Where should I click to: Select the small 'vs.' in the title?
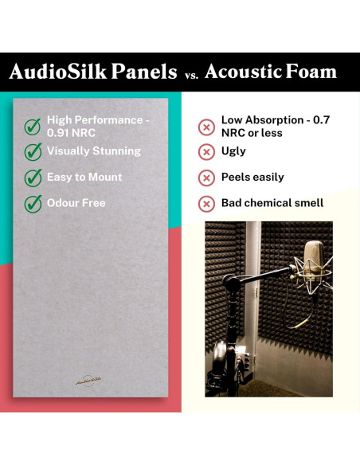pyautogui.click(x=190, y=74)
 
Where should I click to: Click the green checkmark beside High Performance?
pyautogui.click(x=33, y=126)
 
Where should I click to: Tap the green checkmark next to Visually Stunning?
pyautogui.click(x=33, y=151)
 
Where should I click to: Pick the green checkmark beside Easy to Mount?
pyautogui.click(x=33, y=178)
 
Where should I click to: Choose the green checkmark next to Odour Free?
pyautogui.click(x=33, y=203)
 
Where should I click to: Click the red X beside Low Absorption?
pyautogui.click(x=206, y=127)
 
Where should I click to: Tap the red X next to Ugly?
pyautogui.click(x=206, y=151)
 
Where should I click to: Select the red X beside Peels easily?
pyautogui.click(x=206, y=178)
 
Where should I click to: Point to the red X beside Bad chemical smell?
pyautogui.click(x=206, y=204)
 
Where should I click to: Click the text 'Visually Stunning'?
pyautogui.click(x=93, y=151)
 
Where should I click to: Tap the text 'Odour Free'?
pyautogui.click(x=76, y=203)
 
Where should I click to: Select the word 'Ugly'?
pyautogui.click(x=233, y=151)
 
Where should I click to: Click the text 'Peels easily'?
pyautogui.click(x=252, y=178)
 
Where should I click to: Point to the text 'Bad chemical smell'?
pyautogui.click(x=272, y=203)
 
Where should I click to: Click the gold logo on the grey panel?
pyautogui.click(x=88, y=381)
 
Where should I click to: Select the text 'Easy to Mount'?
pyautogui.click(x=84, y=178)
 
